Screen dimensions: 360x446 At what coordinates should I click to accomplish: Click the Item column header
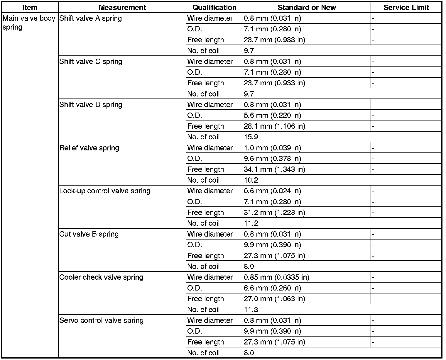tap(30, 7)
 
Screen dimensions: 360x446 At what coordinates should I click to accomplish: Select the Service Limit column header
tap(406, 7)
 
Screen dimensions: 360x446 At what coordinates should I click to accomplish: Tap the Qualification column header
tap(214, 7)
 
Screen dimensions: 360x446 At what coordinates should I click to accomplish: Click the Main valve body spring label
tap(29, 23)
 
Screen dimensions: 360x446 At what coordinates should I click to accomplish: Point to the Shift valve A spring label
tap(90, 18)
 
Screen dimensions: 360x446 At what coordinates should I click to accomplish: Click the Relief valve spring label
tap(89, 148)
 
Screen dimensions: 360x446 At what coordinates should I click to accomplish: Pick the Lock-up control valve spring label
tap(105, 191)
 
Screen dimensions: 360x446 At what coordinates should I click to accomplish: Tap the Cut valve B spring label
tap(89, 234)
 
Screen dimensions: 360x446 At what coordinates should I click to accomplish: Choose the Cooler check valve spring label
tap(101, 277)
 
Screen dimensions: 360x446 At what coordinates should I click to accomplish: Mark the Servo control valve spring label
tap(101, 320)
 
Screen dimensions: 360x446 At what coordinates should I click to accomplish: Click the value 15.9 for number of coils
tap(251, 137)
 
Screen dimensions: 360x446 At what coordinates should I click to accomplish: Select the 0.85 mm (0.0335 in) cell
tap(276, 277)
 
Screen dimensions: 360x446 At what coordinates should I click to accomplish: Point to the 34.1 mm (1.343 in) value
tap(274, 169)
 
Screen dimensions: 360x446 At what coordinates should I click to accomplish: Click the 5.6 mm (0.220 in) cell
tap(272, 115)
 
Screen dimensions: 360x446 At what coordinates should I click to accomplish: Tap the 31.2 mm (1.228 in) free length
tap(274, 212)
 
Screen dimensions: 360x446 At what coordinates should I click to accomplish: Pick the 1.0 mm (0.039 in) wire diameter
tap(272, 148)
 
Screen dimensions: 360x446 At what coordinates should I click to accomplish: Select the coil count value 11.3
tap(251, 310)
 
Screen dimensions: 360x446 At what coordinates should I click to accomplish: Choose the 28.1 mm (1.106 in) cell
tap(274, 126)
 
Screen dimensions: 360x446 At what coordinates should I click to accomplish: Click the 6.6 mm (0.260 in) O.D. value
tap(272, 288)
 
